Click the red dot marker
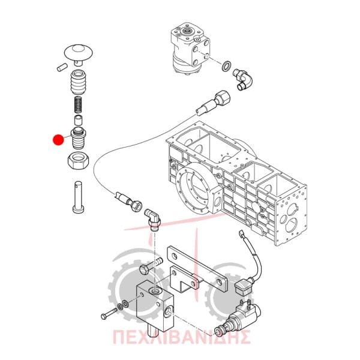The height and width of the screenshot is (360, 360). (58, 140)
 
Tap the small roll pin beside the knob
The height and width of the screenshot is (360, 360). (62, 67)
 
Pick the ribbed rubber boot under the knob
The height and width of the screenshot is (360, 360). (79, 82)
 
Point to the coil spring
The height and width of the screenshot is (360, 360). (79, 104)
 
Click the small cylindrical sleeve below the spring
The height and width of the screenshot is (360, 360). (78, 121)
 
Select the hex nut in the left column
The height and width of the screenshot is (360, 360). (78, 161)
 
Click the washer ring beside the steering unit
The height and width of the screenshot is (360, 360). (227, 66)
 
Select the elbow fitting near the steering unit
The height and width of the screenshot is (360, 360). (242, 80)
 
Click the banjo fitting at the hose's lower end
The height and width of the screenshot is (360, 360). (128, 200)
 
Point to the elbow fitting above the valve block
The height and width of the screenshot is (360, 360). (152, 220)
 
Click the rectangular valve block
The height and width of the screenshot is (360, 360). (155, 307)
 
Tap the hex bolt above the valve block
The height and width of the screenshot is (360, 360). (151, 265)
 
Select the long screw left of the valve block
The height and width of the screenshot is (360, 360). (109, 313)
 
